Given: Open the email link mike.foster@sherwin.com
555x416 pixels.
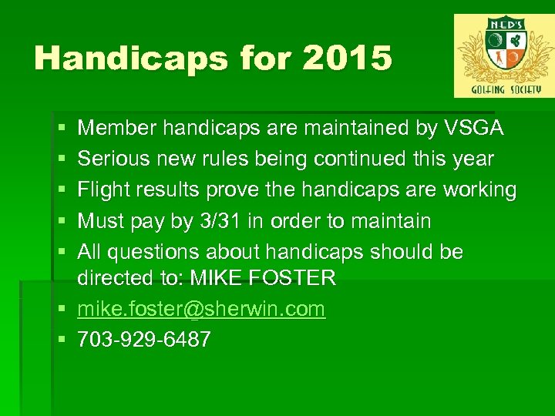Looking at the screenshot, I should click(201, 310).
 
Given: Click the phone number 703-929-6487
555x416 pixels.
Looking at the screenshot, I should click(144, 341).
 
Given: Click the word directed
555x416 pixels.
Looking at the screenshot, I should click(113, 278).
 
